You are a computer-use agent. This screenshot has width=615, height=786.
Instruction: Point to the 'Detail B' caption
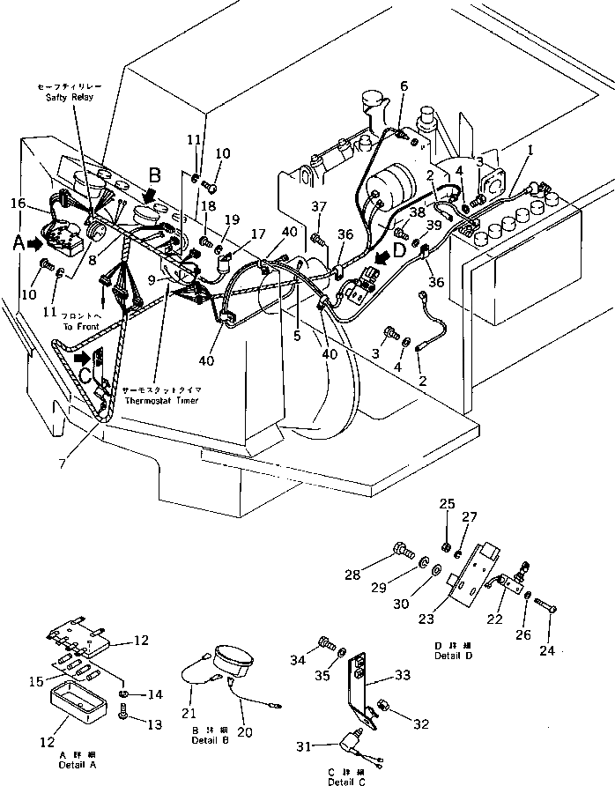210,740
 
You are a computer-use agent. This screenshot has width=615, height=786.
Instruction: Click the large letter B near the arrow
154,174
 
